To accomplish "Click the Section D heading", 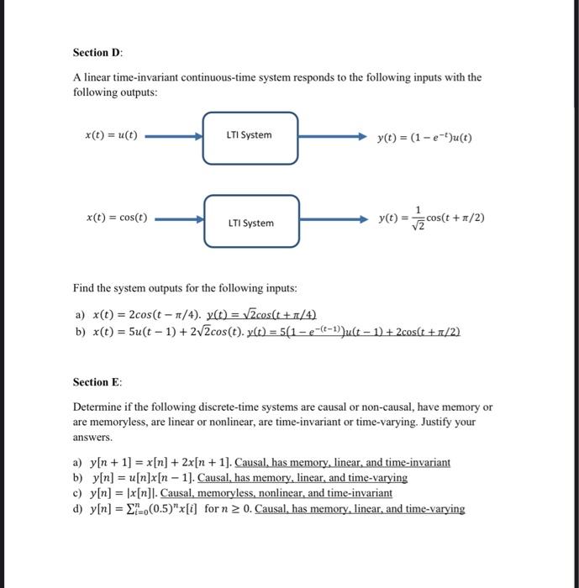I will tap(98, 52).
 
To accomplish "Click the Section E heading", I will tap(97, 382).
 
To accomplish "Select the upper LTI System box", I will tap(250, 135).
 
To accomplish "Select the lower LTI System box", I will tap(250, 222).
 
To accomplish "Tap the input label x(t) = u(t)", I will tap(112, 134).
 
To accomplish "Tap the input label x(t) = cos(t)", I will tap(117, 217).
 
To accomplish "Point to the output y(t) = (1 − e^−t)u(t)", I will tap(425, 137).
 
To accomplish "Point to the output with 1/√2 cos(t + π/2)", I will tap(431, 218).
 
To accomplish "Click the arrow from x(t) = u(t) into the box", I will tap(175, 135).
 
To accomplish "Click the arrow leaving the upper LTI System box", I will tap(333, 135).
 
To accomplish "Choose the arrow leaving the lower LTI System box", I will tap(333, 220).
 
